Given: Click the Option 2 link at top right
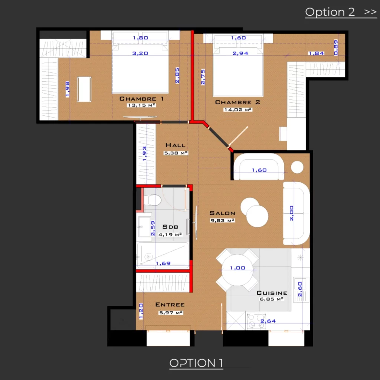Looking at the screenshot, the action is click(x=341, y=12).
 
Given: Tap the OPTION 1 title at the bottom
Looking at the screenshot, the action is click(x=196, y=363).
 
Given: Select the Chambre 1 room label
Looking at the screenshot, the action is click(x=141, y=99).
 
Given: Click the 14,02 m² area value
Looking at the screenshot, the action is click(x=238, y=110).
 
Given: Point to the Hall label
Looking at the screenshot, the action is click(x=176, y=145).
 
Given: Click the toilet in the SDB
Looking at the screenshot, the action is click(x=153, y=200).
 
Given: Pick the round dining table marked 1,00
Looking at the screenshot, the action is click(x=237, y=269).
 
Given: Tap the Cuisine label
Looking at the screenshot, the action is click(x=272, y=293).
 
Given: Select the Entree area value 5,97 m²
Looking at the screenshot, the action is click(x=171, y=312).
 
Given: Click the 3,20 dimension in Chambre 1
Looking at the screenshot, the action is click(x=140, y=53).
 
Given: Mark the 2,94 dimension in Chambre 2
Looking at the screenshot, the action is click(x=240, y=53).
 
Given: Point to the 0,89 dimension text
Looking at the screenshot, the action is click(x=335, y=48).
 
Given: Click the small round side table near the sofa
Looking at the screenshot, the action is click(x=297, y=167).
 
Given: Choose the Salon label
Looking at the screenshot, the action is click(x=222, y=213).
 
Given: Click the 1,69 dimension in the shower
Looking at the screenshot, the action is click(x=163, y=263).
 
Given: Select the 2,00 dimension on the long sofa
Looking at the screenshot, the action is click(x=292, y=213).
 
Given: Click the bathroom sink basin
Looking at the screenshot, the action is click(x=144, y=226).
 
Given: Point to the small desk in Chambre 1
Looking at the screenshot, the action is click(x=84, y=89).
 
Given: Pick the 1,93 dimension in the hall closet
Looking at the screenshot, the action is click(x=144, y=154).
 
